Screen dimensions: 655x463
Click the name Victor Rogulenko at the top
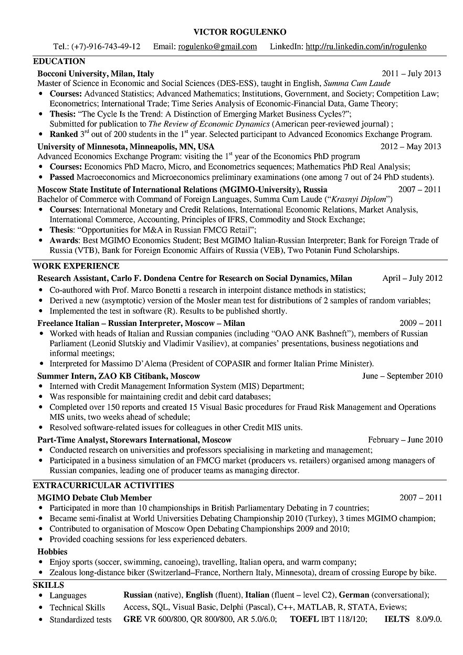[x=232, y=32]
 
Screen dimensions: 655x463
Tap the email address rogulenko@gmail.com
[x=218, y=47]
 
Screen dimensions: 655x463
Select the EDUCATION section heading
[x=59, y=61]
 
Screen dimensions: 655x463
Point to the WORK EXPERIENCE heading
[x=76, y=266]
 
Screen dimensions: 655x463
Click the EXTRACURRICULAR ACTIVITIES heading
[x=103, y=485]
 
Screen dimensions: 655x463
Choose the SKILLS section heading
[x=48, y=585]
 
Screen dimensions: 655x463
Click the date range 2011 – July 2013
[x=412, y=74]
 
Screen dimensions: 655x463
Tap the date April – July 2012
[x=412, y=278]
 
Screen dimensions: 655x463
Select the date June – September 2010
[x=402, y=376]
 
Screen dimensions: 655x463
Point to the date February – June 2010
[x=405, y=440]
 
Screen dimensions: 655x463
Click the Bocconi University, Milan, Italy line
[x=96, y=74]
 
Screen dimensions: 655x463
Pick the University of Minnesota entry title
[x=126, y=146]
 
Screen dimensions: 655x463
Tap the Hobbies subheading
[x=52, y=552]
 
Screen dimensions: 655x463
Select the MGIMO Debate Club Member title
[x=94, y=498]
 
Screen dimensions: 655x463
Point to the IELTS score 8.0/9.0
[x=428, y=619]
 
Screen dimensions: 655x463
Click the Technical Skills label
[x=77, y=607]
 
